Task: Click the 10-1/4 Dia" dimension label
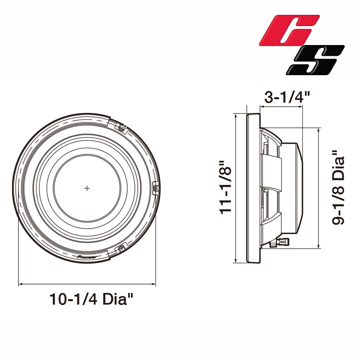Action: coord(91,299)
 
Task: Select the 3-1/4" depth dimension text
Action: coord(287,97)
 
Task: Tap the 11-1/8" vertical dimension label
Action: coord(225,187)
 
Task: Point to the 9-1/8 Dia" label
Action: coord(338,187)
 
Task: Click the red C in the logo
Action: coord(290,30)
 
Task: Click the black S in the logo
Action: coord(315,60)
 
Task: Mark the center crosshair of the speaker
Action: coord(87,188)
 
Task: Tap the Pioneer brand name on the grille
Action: coord(87,257)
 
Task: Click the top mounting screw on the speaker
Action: coord(121,128)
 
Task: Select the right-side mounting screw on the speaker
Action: coord(156,188)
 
